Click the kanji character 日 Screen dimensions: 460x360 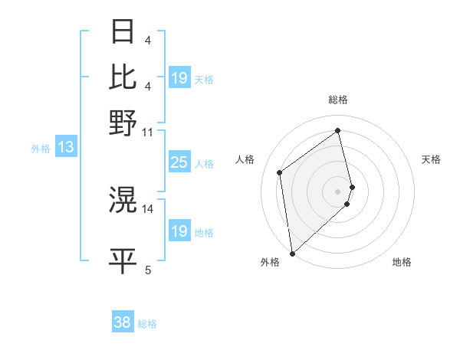(123, 31)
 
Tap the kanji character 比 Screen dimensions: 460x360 (123, 77)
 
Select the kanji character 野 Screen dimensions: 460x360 (123, 122)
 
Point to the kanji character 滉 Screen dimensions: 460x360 (123, 200)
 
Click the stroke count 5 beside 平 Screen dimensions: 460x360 (148, 270)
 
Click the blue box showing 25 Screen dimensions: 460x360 (179, 162)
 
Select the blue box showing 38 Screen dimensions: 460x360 (123, 322)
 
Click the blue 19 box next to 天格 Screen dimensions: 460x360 (179, 78)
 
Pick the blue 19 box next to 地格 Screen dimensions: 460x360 (179, 231)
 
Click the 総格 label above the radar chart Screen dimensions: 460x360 (338, 100)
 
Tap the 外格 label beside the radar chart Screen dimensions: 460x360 (270, 263)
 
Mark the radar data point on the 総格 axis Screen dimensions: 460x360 (338, 130)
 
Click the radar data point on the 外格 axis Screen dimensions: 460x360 (292, 253)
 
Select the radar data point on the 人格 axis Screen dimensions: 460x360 (280, 172)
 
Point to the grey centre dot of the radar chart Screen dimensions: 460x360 (338, 191)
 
